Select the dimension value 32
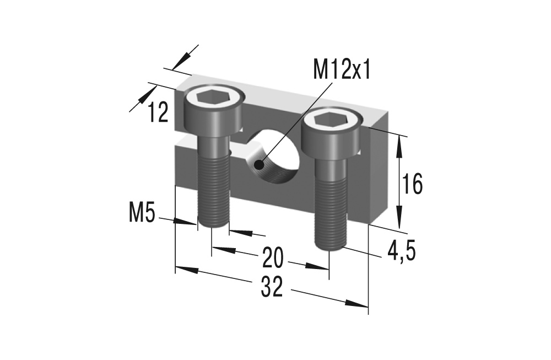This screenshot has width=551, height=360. pos(272,287)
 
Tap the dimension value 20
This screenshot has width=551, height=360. pos(273,256)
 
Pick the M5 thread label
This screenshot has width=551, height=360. pos(142,213)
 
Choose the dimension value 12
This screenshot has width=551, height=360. pos(158,113)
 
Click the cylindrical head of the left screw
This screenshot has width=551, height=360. pos(214,119)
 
